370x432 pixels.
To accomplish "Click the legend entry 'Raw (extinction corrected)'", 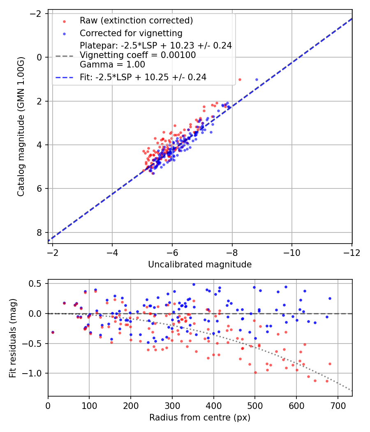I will pos(136,21).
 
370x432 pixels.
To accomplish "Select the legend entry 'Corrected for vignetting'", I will pos(131,33).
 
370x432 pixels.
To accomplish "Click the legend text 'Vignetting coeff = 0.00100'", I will pos(138,55).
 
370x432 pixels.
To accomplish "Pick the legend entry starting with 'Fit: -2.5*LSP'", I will pos(143,77).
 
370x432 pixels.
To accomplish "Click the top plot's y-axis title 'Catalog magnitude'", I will pos(21,127).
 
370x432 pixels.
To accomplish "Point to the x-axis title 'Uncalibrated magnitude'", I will pos(200,265).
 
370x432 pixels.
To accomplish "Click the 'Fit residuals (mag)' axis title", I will pos(13,338).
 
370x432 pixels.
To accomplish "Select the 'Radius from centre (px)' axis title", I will pos(200,418).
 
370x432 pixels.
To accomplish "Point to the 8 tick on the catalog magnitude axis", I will pos(39,232).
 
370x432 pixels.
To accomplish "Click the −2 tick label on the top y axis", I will pos(36,14).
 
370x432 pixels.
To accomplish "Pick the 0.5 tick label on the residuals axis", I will pos(36,283).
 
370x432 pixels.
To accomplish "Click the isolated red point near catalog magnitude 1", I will pos(240,79).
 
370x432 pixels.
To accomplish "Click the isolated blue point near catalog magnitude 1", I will pos(257,79).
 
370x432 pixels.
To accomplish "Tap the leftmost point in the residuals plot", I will pos(52,332).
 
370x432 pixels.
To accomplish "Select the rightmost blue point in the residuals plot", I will pos(330,298).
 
